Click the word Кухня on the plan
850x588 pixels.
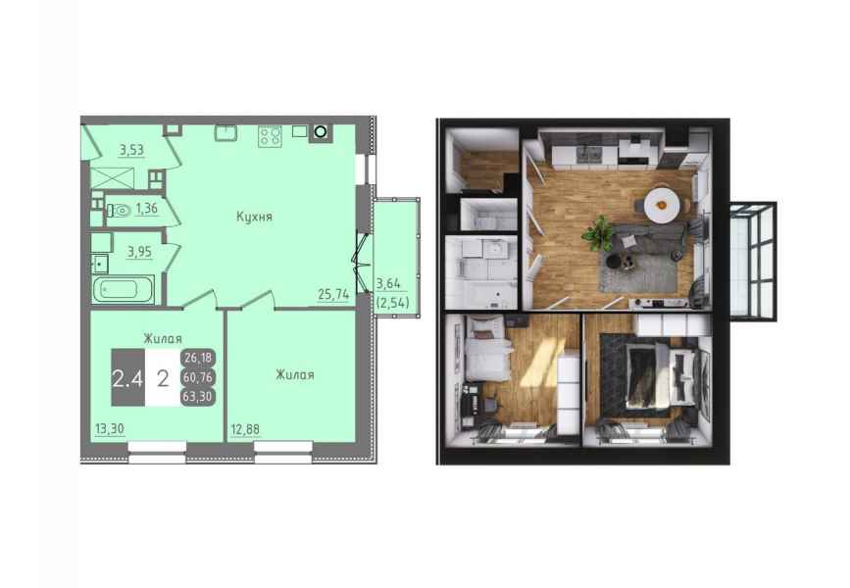[254, 217]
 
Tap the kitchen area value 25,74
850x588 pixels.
[333, 294]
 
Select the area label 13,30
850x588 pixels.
[110, 429]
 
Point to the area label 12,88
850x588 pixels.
[245, 430]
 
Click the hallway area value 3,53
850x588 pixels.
[131, 150]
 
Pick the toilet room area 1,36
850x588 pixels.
[146, 208]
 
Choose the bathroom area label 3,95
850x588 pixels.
[139, 252]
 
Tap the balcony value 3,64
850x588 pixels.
[388, 283]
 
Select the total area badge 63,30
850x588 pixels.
[198, 396]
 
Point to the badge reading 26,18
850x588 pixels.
[198, 358]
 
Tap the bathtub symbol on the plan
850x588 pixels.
[124, 290]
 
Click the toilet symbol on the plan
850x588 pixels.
[119, 211]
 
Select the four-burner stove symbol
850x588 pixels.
[270, 135]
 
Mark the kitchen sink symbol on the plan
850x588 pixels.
[225, 132]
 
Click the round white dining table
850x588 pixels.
[661, 205]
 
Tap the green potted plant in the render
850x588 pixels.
[597, 233]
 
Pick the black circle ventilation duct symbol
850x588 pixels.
[321, 131]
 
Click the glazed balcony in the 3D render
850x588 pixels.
[752, 261]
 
